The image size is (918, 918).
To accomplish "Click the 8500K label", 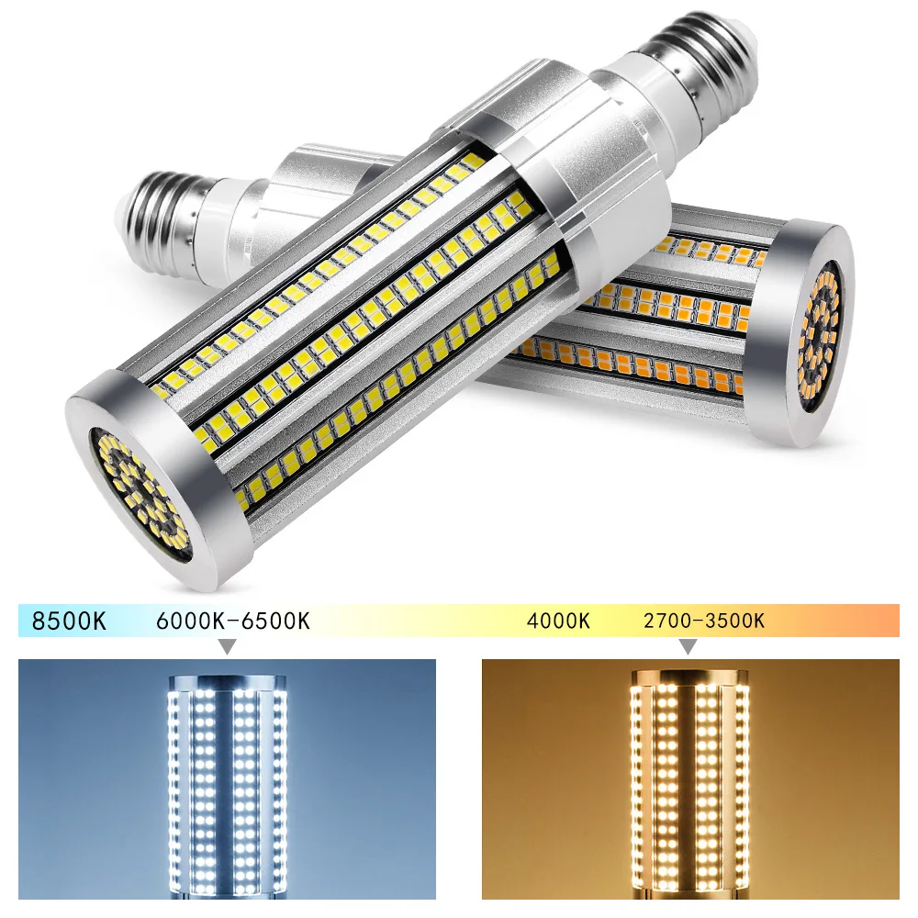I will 69,621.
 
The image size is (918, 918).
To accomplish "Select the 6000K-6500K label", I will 233,621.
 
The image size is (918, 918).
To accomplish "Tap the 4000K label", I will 558,621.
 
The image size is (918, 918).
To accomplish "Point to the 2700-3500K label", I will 704,621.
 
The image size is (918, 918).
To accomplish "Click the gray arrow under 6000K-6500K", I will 226,647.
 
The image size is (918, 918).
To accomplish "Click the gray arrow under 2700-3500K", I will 688,647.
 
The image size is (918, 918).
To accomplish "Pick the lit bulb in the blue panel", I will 228,789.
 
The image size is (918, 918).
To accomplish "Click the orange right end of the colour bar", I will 886,621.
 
